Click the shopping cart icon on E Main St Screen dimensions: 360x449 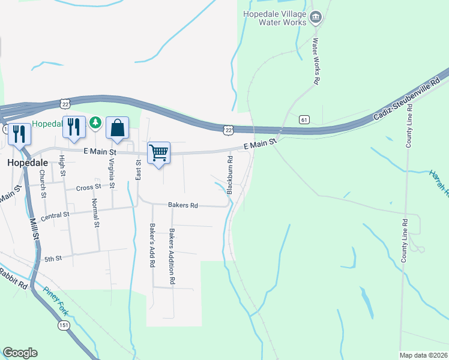158,153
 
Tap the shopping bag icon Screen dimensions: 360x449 117,128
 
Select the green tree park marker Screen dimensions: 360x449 95,123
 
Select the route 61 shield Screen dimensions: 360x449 304,120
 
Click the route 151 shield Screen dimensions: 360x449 64,325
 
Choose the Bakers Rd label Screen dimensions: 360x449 183,205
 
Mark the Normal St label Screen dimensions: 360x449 95,213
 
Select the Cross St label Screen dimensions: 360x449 89,188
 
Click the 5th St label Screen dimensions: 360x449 53,259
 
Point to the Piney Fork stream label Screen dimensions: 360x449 55,301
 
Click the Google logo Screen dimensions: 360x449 20,353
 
